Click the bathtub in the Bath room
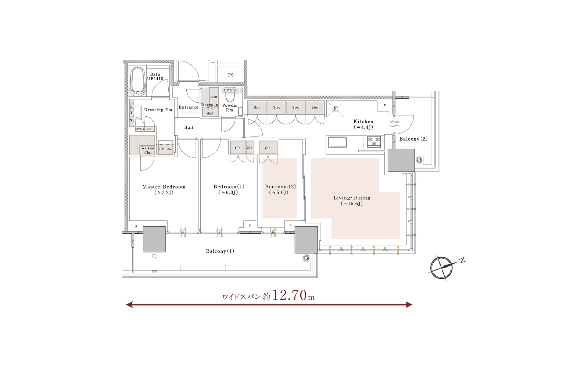coord(138,82)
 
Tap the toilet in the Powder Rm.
coord(230,96)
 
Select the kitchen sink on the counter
coord(337,142)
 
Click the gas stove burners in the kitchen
coord(374,141)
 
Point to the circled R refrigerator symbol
coord(335,109)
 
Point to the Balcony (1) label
coord(220,251)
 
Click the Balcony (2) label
coord(413,139)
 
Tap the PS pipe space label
coord(231,75)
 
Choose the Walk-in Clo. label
coord(147,151)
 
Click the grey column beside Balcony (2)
coord(401,160)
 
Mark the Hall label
coord(189,127)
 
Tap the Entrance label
coord(189,107)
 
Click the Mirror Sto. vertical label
coord(132,112)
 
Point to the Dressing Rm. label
coord(159,110)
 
